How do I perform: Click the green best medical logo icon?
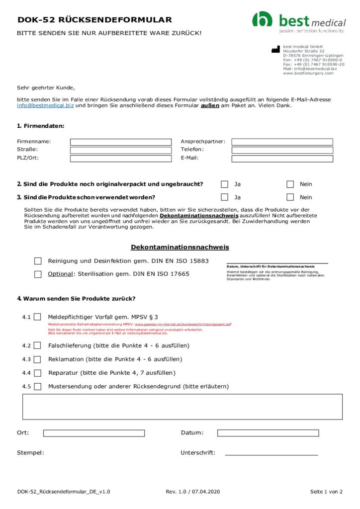[262, 19]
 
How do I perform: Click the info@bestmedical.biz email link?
[45, 105]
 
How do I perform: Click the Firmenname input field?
[120, 142]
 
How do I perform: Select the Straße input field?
[120, 150]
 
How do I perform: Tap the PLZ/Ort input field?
[120, 159]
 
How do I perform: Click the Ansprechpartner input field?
[282, 142]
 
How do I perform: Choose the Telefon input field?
[282, 150]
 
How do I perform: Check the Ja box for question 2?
[225, 184]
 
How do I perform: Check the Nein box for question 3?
[290, 197]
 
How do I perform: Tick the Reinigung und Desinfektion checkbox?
[38, 261]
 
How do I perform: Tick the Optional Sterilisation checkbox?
[38, 274]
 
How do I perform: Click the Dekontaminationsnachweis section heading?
[180, 247]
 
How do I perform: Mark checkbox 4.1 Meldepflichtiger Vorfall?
[37, 317]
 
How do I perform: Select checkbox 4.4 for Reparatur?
[37, 373]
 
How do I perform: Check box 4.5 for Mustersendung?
[37, 387]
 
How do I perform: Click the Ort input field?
[93, 433]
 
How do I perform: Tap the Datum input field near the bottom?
[268, 433]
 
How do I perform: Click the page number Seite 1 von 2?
[326, 492]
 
